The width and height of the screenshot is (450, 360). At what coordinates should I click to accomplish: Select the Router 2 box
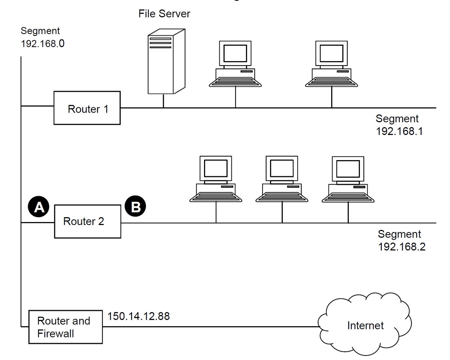pyautogui.click(x=88, y=221)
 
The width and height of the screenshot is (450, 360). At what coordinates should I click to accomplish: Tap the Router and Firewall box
pyautogui.click(x=66, y=327)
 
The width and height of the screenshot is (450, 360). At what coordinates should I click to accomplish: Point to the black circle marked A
pyautogui.click(x=39, y=207)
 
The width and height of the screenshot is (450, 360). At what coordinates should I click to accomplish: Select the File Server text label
pyautogui.click(x=164, y=14)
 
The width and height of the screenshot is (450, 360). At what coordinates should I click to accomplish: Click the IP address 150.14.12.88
pyautogui.click(x=139, y=316)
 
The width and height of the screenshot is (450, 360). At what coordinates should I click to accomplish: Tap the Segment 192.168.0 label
pyautogui.click(x=43, y=37)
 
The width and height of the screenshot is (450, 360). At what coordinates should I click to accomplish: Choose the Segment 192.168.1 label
pyautogui.click(x=399, y=125)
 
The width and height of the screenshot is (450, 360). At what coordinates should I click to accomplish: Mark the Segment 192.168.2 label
pyautogui.click(x=401, y=240)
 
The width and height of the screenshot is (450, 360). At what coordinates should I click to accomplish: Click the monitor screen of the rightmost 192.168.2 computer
pyautogui.click(x=348, y=168)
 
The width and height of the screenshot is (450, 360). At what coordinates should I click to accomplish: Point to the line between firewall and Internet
pyautogui.click(x=210, y=326)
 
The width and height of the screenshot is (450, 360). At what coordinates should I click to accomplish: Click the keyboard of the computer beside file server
pyautogui.click(x=235, y=82)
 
